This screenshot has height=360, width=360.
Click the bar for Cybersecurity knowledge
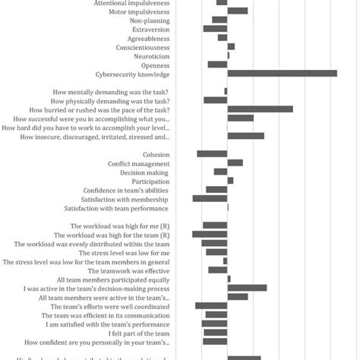click(x=282, y=74)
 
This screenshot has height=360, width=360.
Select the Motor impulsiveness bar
click(x=237, y=11)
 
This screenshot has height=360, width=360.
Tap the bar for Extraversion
click(x=215, y=29)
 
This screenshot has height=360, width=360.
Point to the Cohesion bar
click(x=212, y=154)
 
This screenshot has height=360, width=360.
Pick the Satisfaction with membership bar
click(x=210, y=198)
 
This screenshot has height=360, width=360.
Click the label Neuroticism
click(x=152, y=56)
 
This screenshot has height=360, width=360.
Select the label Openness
click(x=155, y=65)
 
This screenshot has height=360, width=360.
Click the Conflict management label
click(x=138, y=163)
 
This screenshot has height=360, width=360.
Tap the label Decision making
click(x=144, y=172)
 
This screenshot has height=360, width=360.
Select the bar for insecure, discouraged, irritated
click(x=245, y=136)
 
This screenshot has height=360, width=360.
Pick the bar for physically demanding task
click(x=215, y=100)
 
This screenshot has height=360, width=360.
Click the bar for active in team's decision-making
click(x=247, y=288)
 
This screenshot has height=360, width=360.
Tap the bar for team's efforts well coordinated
click(x=211, y=306)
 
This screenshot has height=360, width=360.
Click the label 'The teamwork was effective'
click(x=129, y=270)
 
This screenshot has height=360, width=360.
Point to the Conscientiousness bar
click(x=231, y=47)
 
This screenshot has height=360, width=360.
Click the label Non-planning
click(x=150, y=21)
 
